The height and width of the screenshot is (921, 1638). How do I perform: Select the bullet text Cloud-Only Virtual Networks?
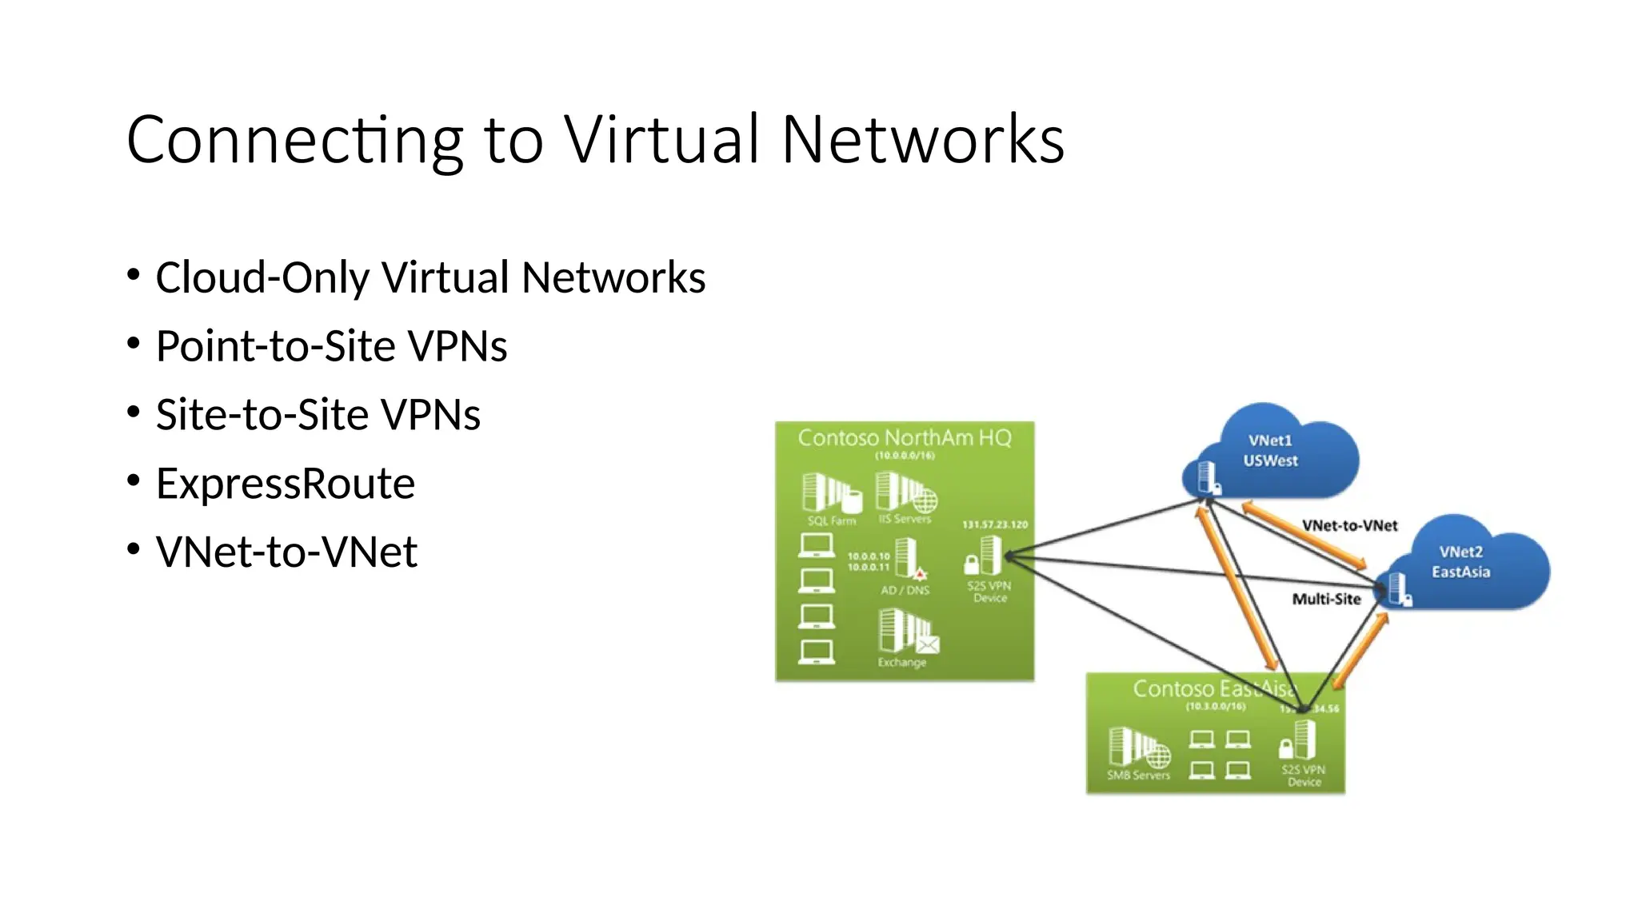(430, 277)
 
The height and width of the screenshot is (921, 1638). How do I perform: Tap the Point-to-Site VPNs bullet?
(331, 346)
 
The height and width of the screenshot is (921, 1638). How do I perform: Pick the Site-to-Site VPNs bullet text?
(318, 415)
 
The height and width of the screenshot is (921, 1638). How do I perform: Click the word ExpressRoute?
(286, 484)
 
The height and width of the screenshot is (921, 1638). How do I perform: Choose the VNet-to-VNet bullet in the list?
(286, 552)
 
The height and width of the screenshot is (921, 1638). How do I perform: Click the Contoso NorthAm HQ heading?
(905, 438)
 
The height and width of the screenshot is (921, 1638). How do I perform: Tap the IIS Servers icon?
(905, 492)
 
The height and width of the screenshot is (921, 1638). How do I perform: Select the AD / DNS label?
(905, 591)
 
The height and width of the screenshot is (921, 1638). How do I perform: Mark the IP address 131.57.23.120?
(994, 525)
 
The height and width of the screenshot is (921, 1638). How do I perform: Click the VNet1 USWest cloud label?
(1270, 451)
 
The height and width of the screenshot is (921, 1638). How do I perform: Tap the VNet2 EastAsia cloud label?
(1460, 562)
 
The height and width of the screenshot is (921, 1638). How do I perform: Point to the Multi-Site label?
(1326, 600)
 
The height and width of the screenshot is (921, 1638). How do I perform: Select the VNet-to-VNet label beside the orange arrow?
(1349, 526)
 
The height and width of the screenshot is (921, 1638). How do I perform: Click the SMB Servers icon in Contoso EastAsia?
(1138, 747)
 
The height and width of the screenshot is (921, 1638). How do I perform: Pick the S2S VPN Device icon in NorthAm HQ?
(985, 556)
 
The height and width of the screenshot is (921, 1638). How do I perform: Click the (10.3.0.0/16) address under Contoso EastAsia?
(1215, 707)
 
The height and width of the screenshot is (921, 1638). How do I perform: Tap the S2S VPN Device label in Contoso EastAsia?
(1304, 775)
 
